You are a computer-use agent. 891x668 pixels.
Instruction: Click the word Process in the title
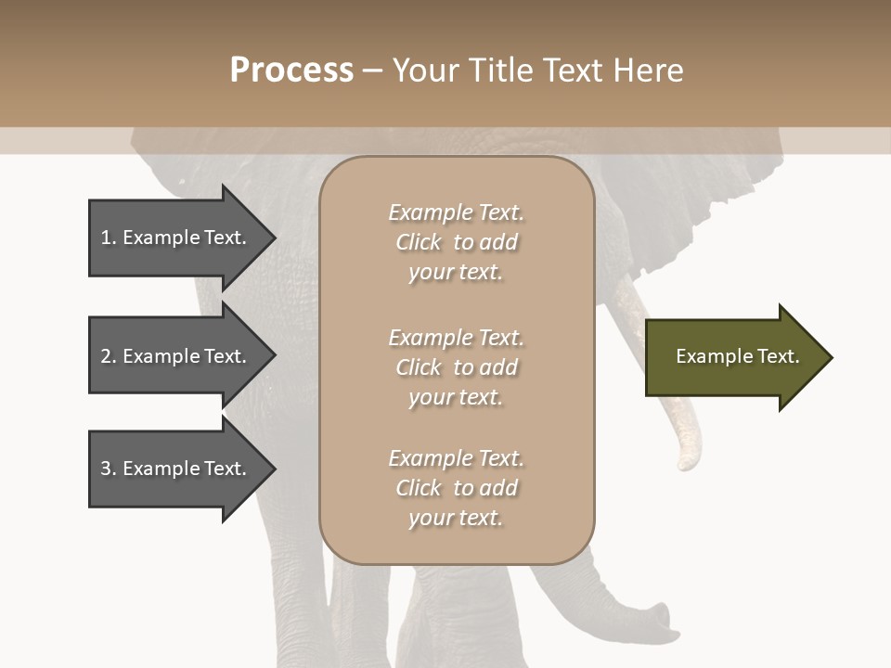(x=291, y=71)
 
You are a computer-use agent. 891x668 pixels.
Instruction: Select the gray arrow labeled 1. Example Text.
(x=176, y=238)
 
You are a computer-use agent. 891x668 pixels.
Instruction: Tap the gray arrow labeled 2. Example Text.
(x=176, y=356)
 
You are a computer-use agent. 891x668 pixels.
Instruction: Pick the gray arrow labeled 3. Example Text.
(x=176, y=469)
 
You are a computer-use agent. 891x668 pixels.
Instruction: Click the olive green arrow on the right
(x=733, y=357)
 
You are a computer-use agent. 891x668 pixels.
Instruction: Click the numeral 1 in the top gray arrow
(x=106, y=238)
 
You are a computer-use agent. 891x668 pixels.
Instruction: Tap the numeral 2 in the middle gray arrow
(x=106, y=356)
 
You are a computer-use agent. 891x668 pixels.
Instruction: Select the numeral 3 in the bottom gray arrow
(x=106, y=469)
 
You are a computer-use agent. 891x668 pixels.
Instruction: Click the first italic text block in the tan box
(x=456, y=242)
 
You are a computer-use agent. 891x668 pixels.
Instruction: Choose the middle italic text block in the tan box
(x=456, y=367)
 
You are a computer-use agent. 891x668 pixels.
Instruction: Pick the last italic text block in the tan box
(x=456, y=488)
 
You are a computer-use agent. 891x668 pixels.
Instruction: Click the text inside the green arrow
(x=737, y=356)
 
